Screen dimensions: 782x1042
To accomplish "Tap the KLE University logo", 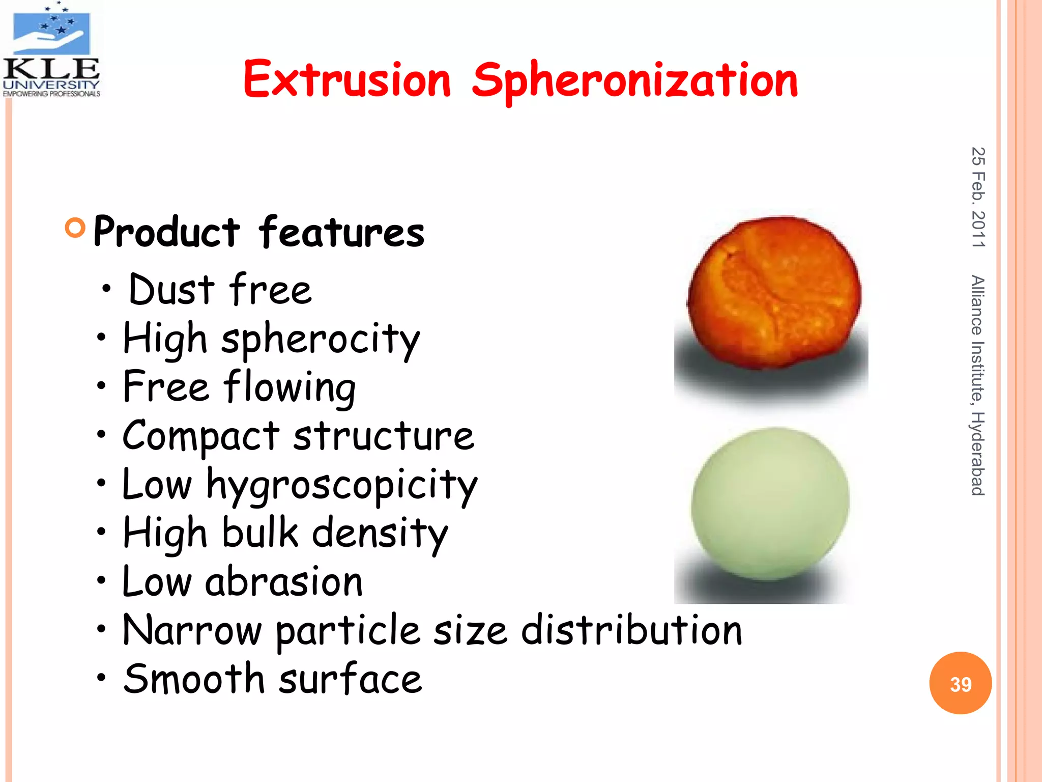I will tap(51, 50).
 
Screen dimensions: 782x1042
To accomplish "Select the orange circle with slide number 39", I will tap(960, 683).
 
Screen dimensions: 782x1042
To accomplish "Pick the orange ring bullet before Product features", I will tap(75, 228).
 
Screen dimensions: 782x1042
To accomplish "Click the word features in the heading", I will tap(341, 232).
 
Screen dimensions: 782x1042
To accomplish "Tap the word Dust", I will tap(171, 289).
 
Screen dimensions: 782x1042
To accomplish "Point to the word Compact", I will tap(201, 436).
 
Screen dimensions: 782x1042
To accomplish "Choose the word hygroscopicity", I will tap(342, 485).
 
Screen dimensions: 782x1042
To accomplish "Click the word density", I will tap(380, 534).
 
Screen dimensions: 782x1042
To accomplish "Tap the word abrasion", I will tap(284, 581).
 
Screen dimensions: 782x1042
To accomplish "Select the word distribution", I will tap(631, 630).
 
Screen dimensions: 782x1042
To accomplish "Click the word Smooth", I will tap(194, 679).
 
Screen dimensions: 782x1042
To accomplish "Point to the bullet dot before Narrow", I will tap(102, 629).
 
